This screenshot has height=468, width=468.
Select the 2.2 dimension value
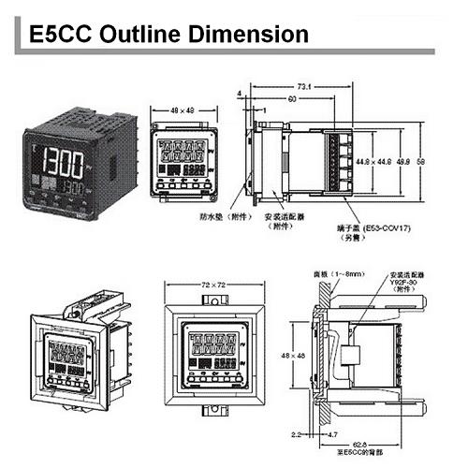click(x=297, y=433)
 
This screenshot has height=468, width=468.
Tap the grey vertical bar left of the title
click(x=13, y=35)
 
